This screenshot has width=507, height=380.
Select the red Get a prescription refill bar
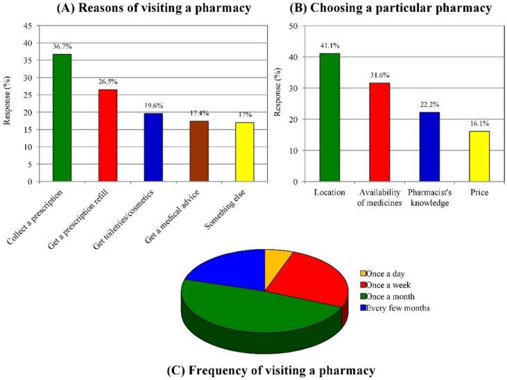click(x=108, y=135)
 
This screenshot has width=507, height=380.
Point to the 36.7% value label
click(x=63, y=46)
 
